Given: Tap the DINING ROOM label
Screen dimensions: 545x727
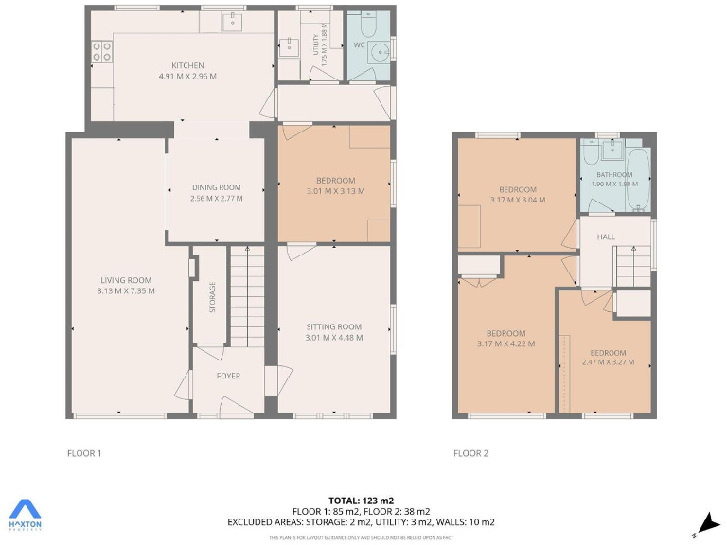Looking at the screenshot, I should (216, 187).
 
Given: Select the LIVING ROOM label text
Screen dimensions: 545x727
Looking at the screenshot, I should (126, 279).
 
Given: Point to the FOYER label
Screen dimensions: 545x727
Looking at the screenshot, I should (228, 376).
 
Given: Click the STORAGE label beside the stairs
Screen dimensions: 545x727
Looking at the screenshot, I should (212, 297).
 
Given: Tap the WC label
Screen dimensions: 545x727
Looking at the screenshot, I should (360, 44).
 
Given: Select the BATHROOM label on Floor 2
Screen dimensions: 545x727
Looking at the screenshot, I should (613, 174).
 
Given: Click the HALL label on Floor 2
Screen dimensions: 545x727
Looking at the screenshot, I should (606, 237).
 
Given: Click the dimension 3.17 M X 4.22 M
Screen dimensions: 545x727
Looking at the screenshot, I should (505, 343).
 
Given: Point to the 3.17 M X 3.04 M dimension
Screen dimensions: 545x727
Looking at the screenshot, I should (518, 200).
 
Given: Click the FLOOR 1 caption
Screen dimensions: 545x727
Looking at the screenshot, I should (84, 453).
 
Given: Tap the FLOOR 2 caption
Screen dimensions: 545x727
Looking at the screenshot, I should (470, 453).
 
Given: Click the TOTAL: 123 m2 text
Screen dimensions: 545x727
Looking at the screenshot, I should (361, 500).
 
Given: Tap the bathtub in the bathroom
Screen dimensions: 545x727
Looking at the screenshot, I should (640, 180).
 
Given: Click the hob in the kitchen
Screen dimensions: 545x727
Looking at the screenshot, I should (100, 53).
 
